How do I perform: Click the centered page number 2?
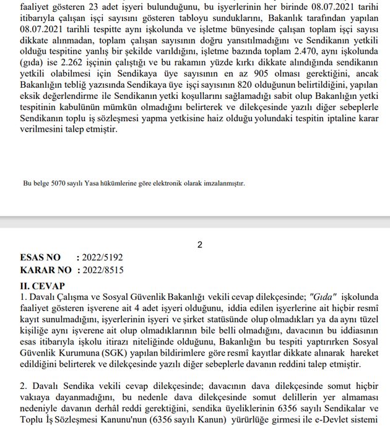point(200,245)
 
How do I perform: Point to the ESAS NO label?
point(41,257)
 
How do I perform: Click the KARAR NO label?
point(46,270)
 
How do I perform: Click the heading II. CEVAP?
point(43,286)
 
